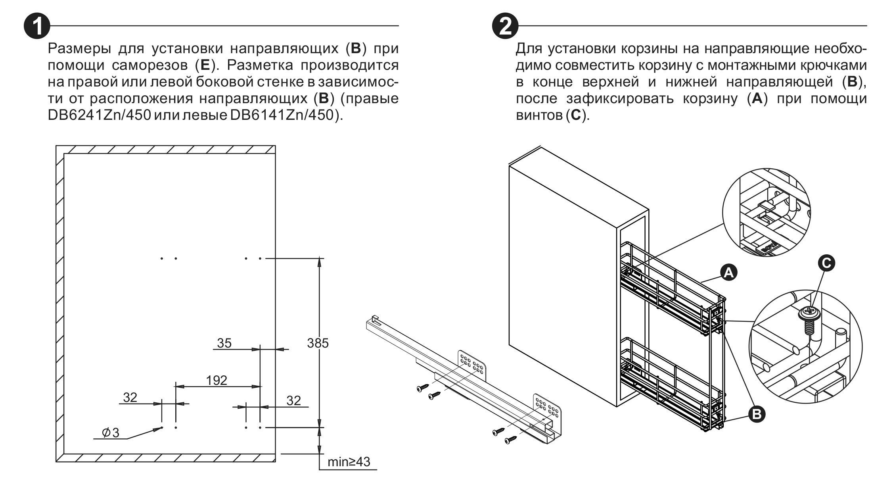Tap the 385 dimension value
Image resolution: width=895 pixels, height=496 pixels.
(x=318, y=343)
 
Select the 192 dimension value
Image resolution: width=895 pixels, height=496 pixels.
(x=217, y=380)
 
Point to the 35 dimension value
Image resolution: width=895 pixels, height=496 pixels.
(x=224, y=343)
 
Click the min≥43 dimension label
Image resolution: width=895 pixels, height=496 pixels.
(x=349, y=462)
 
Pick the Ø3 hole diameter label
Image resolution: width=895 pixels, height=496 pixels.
(x=111, y=433)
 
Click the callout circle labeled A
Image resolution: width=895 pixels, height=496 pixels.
(x=728, y=273)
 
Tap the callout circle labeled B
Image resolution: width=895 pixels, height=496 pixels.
(x=756, y=414)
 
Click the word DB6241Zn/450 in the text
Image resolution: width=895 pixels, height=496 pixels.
(x=99, y=115)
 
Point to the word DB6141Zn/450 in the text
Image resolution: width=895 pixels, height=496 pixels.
(x=281, y=115)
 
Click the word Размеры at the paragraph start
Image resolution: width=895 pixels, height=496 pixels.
(x=79, y=48)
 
